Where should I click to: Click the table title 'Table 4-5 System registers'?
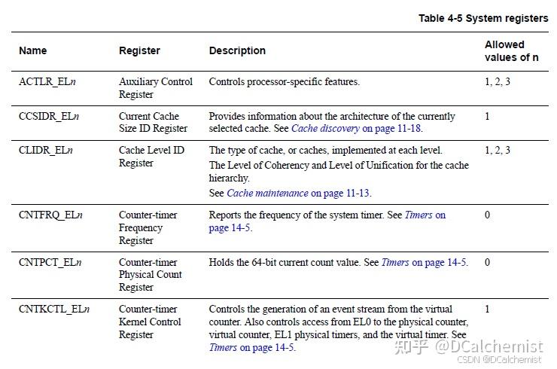(x=485, y=18)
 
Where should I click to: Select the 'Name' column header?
(x=32, y=50)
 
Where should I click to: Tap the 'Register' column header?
(x=139, y=50)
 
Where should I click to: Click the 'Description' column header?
(x=237, y=50)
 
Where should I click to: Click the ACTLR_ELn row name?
(x=49, y=81)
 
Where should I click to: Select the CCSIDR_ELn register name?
(x=49, y=116)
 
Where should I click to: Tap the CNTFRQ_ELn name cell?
(x=50, y=215)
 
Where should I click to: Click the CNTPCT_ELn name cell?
(x=50, y=262)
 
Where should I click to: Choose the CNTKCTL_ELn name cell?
(x=53, y=309)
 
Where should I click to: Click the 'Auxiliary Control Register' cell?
(x=155, y=88)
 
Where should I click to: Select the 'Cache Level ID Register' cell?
(x=151, y=157)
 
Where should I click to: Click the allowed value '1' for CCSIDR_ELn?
(x=487, y=116)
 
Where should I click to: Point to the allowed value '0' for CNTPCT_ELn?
(x=487, y=262)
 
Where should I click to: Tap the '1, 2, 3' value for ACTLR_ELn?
(x=497, y=81)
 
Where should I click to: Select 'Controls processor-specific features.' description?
(x=284, y=81)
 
